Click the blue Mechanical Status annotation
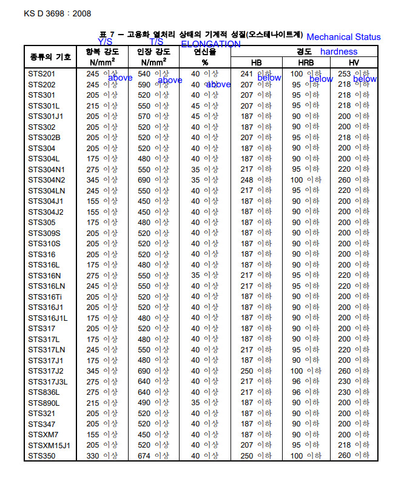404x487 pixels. [343, 37]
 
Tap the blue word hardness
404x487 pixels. [338, 52]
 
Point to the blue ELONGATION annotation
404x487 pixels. [210, 44]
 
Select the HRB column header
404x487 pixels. [306, 62]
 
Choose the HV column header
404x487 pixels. [353, 62]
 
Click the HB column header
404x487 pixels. [256, 62]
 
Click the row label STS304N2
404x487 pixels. [46, 180]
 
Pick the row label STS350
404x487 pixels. [42, 455]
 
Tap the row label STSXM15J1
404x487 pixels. [49, 445]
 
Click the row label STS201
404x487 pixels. [42, 74]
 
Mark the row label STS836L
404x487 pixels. [44, 392]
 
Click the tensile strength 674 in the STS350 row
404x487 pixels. [144, 455]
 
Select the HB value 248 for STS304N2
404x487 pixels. [246, 180]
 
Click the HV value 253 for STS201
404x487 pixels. [345, 74]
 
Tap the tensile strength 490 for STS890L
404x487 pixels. [144, 403]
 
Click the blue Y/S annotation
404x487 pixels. [105, 41]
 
